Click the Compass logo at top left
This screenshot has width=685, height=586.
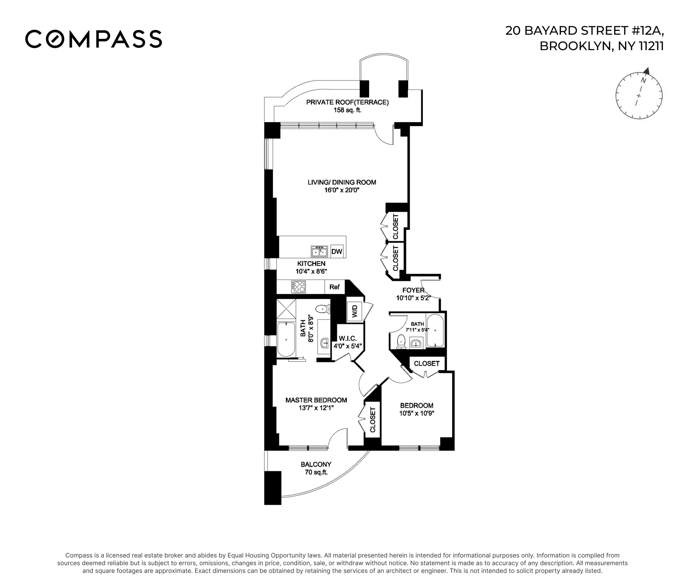[x=94, y=39]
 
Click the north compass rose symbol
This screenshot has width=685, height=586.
[x=639, y=95]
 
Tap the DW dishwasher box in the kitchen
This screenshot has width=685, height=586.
[x=337, y=251]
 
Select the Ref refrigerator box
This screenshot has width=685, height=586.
[x=334, y=287]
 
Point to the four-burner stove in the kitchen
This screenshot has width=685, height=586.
[x=298, y=287]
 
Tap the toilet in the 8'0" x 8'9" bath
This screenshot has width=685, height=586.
[x=323, y=309]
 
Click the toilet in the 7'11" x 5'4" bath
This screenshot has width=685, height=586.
[x=401, y=341]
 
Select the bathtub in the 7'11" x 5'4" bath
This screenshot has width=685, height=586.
[x=435, y=331]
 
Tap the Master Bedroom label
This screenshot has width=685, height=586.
[x=316, y=400]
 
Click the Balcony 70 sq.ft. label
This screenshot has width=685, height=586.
[x=316, y=468]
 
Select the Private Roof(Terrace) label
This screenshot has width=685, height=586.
[x=347, y=102]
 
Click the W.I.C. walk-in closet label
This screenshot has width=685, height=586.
[x=347, y=339]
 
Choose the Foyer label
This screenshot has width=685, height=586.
[x=413, y=290]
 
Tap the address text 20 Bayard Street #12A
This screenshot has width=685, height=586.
[x=584, y=30]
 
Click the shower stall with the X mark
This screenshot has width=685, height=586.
[x=286, y=308]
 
